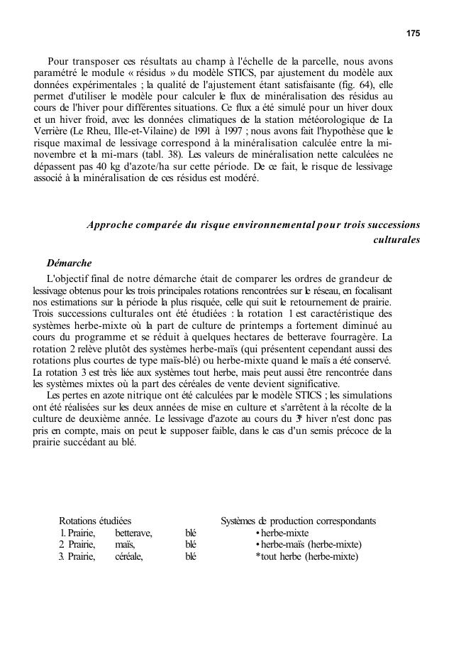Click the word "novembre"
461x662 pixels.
pos(56,153)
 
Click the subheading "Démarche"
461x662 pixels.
pos(69,263)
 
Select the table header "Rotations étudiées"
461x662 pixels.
pos(94,521)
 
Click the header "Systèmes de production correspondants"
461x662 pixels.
pos(298,521)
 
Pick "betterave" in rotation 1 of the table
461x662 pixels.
pos(133,533)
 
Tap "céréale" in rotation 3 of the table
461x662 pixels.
pos(129,556)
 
